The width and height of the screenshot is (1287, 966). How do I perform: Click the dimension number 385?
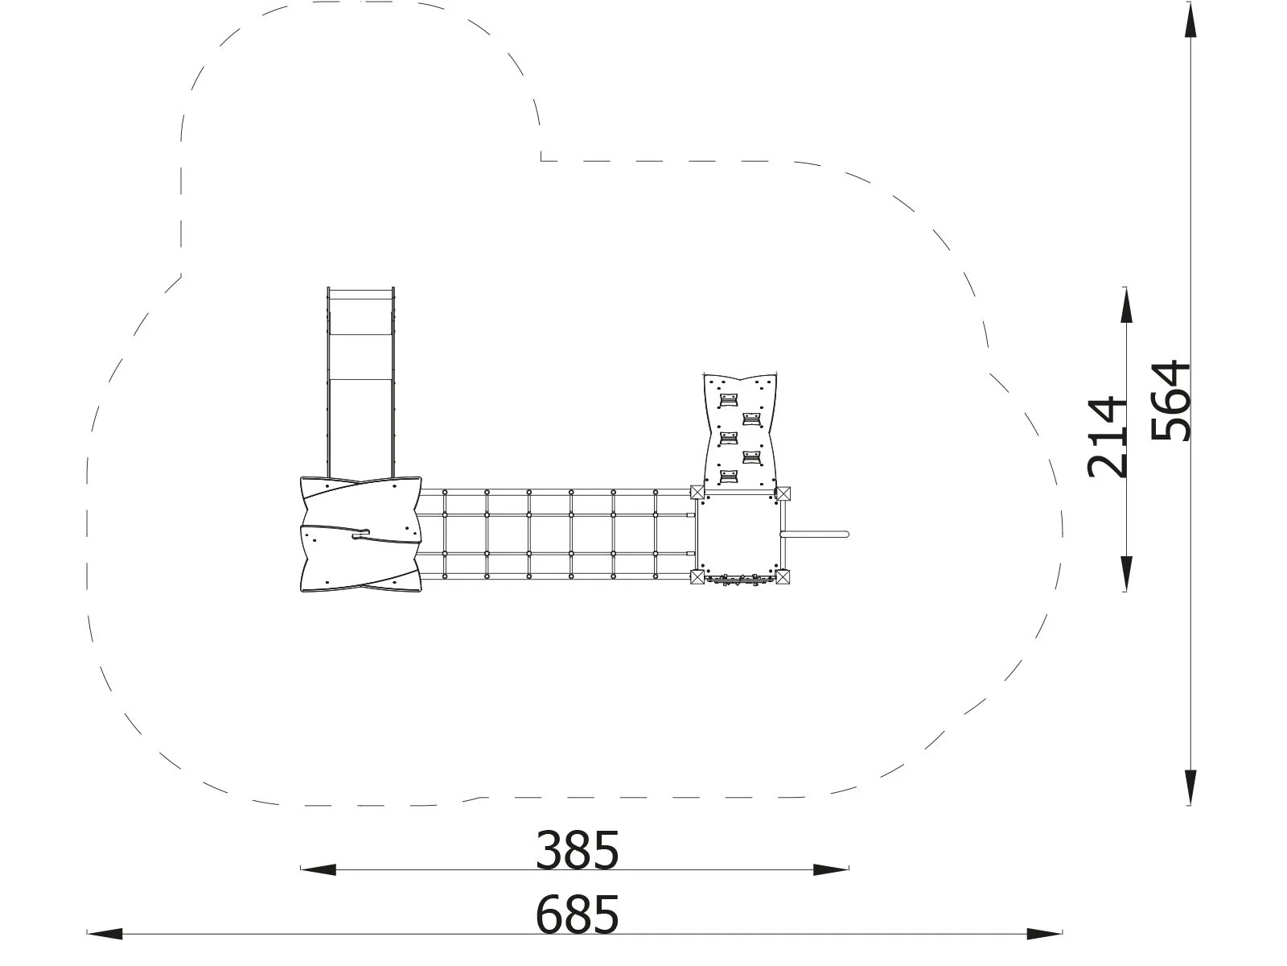tap(578, 851)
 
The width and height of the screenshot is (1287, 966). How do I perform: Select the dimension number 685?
tap(578, 914)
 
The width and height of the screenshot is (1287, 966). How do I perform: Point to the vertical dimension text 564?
tap(1170, 401)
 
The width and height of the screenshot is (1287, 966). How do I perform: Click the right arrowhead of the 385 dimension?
tap(832, 869)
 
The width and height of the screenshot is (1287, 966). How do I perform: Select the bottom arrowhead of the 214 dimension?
tap(1126, 573)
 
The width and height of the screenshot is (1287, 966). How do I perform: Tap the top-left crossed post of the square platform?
tap(697, 493)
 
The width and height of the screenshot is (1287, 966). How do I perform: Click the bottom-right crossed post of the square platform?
tap(783, 576)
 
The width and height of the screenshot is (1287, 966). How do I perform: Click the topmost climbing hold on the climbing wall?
tap(729, 398)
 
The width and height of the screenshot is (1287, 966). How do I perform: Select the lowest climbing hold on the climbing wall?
tap(729, 478)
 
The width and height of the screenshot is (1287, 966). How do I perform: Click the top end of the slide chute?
tap(361, 290)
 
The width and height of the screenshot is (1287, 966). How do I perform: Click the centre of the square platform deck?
tap(739, 535)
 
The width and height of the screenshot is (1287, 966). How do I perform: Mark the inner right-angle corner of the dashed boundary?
tap(541, 160)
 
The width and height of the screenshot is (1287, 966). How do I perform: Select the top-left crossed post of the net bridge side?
tap(697, 493)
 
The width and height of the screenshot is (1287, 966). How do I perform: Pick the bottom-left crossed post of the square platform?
tap(697, 576)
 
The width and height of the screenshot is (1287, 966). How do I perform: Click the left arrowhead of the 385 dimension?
tap(319, 869)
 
